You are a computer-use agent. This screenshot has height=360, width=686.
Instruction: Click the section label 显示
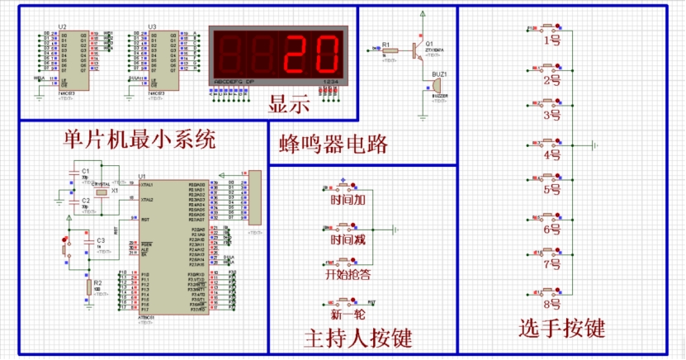288,105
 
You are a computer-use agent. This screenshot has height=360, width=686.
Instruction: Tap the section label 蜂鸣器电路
334,145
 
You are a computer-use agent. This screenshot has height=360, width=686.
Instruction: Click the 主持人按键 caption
357,337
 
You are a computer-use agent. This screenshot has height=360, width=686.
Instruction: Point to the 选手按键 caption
562,329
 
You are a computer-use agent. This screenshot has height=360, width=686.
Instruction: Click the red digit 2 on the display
297,54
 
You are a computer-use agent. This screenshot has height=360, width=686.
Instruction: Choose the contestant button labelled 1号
552,39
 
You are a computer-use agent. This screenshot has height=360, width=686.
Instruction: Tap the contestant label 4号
552,154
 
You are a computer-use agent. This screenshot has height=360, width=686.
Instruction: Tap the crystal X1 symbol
102,192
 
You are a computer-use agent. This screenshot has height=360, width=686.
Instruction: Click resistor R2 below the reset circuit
88,287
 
